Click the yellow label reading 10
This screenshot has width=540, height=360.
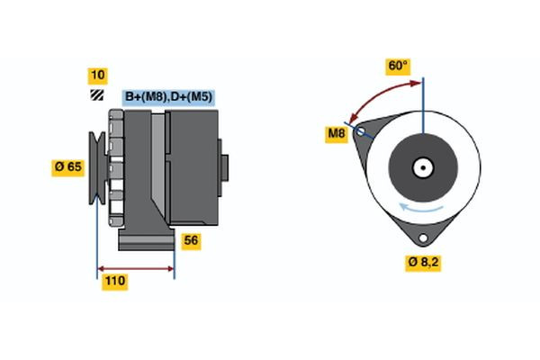pyautogui.click(x=96, y=75)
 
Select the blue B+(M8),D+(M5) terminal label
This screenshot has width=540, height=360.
pyautogui.click(x=167, y=96)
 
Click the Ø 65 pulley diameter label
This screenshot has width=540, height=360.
pyautogui.click(x=68, y=166)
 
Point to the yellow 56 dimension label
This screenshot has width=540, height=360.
pyautogui.click(x=191, y=240)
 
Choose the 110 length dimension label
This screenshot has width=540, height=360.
pyautogui.click(x=114, y=282)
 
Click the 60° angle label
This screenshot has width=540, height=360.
pyautogui.click(x=398, y=67)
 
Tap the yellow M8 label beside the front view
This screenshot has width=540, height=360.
pyautogui.click(x=336, y=135)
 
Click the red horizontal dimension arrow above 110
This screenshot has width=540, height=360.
pyautogui.click(x=135, y=268)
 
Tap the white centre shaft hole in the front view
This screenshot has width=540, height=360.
pyautogui.click(x=422, y=167)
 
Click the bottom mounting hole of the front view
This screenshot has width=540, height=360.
pyautogui.click(x=421, y=238)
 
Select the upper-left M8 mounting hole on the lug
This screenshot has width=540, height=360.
pyautogui.click(x=362, y=132)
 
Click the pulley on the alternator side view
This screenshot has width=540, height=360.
pyautogui.click(x=98, y=167)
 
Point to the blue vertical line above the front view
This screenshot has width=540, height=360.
pyautogui.click(x=422, y=103)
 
